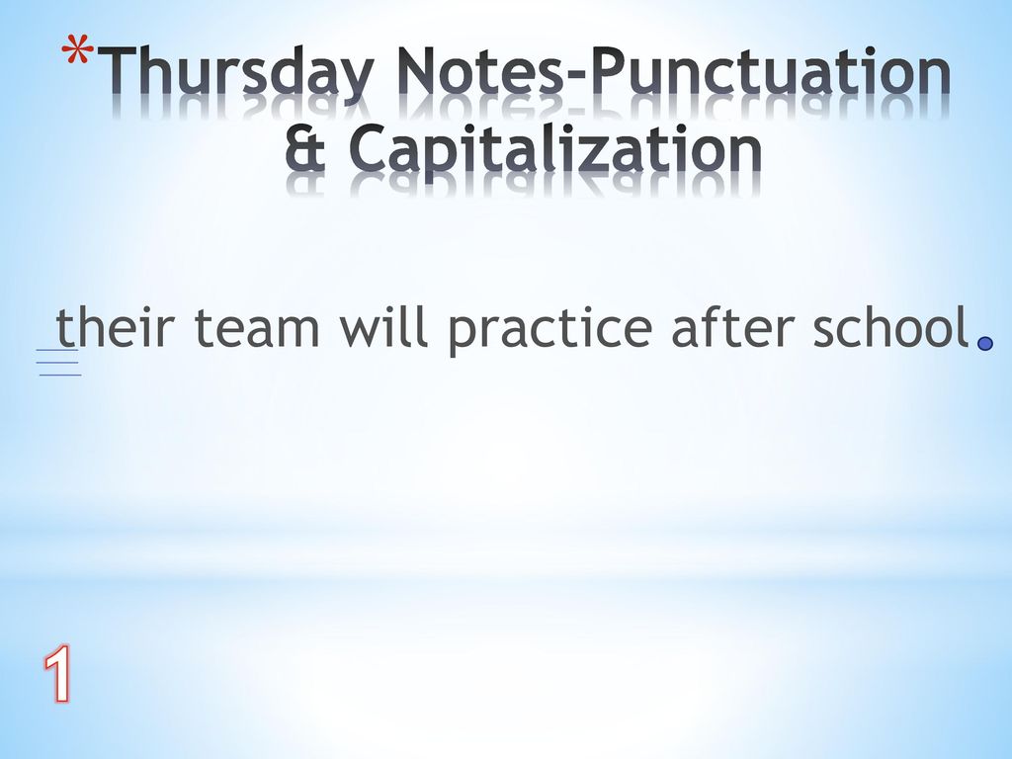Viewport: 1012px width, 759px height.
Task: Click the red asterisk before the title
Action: pyautogui.click(x=77, y=51)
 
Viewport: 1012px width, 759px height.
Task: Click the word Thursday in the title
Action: pyautogui.click(x=237, y=73)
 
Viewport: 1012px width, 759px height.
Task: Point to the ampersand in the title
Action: pyautogui.click(x=305, y=148)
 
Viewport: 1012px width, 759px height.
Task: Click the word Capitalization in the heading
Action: pyautogui.click(x=555, y=151)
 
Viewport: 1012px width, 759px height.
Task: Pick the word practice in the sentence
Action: pyautogui.click(x=549, y=330)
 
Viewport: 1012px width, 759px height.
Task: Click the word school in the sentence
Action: pyautogui.click(x=891, y=326)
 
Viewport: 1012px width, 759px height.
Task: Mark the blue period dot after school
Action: pyautogui.click(x=985, y=343)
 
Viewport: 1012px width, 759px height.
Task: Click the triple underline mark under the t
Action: pyautogui.click(x=58, y=362)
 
